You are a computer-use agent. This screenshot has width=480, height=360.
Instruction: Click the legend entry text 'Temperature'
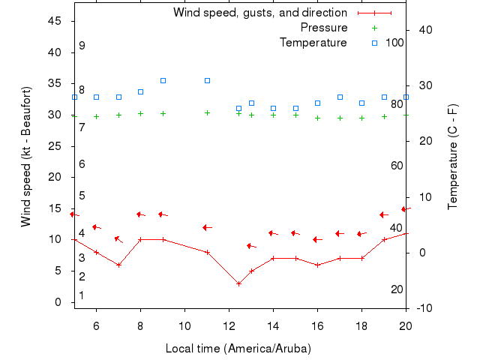(x=313, y=43)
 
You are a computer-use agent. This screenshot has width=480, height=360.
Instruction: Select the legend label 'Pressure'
(x=324, y=28)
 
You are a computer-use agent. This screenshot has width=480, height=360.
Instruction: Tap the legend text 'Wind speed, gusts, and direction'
(x=260, y=13)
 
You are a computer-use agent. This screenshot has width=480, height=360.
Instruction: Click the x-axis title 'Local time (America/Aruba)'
(x=238, y=349)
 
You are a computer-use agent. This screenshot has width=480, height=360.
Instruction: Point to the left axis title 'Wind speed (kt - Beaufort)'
(x=26, y=156)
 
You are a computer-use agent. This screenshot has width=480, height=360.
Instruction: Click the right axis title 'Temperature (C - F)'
(x=453, y=156)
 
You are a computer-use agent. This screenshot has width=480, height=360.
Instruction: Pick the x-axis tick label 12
(x=229, y=325)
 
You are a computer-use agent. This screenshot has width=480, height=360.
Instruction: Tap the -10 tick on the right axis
(x=424, y=308)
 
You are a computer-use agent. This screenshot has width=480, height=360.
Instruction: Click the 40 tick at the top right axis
(x=424, y=30)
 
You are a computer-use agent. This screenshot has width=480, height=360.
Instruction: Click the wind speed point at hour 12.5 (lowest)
(x=238, y=283)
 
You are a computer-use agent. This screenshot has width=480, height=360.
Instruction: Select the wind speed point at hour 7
(x=118, y=265)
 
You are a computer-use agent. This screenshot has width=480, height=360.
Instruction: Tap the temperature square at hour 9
(x=163, y=80)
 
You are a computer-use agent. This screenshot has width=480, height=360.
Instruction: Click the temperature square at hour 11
(x=207, y=80)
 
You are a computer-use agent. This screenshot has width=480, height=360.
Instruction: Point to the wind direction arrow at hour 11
(x=207, y=227)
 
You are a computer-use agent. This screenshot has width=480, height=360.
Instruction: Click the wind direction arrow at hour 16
(x=317, y=240)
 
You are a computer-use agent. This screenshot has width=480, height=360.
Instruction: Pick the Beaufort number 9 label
(x=82, y=46)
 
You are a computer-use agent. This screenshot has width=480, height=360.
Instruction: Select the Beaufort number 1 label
(x=82, y=295)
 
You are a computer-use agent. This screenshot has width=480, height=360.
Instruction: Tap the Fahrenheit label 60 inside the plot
(x=397, y=166)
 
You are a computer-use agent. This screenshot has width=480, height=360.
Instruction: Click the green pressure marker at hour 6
(x=96, y=116)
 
